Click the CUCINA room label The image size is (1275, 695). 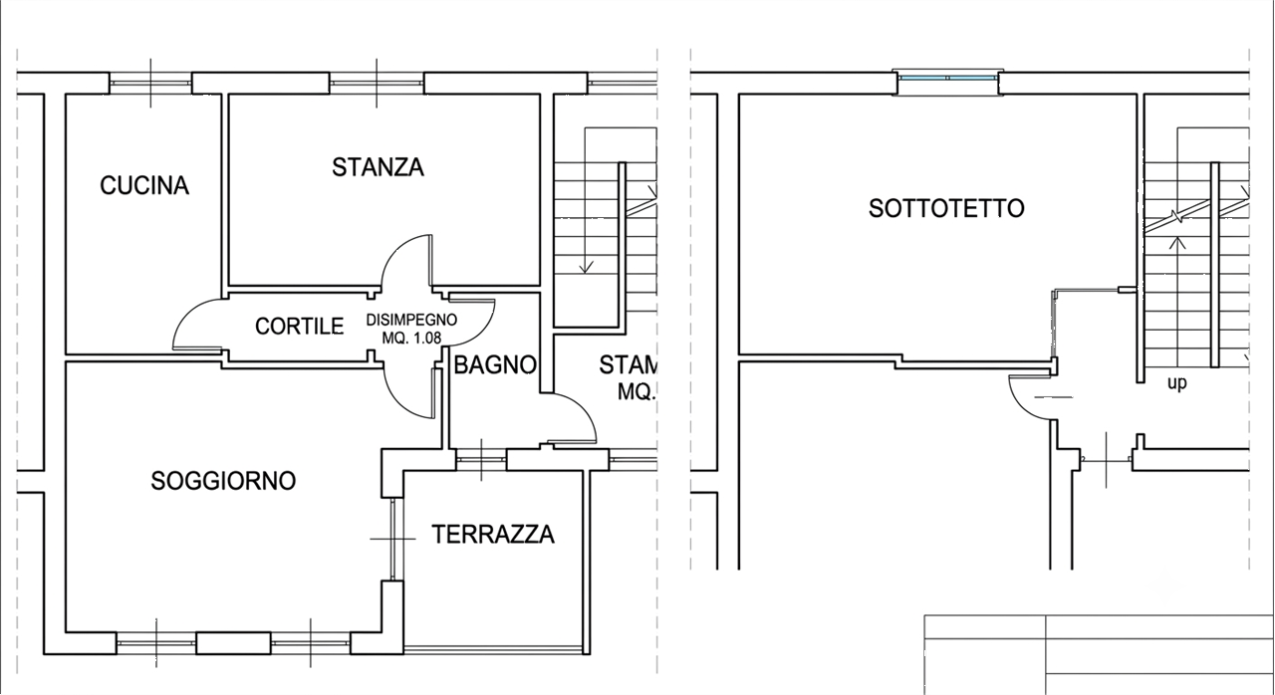(144, 186)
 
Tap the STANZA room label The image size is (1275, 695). (378, 168)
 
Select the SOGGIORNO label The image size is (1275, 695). (223, 481)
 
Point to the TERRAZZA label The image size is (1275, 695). (493, 535)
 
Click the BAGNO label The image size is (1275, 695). (495, 365)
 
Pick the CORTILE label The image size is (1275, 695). (300, 327)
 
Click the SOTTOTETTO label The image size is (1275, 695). (946, 209)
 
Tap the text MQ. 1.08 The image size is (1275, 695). (411, 339)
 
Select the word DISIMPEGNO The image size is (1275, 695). (411, 321)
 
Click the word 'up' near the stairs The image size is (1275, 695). (1177, 383)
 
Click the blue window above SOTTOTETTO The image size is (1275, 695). (947, 78)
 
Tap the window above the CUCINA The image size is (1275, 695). (150, 83)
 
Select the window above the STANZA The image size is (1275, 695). (377, 83)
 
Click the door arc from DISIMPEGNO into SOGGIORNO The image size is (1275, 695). (397, 405)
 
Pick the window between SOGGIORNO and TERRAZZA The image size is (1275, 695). (393, 539)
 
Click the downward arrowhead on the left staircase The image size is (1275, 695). (586, 267)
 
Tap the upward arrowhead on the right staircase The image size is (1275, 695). (1176, 243)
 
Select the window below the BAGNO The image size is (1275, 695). (481, 460)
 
